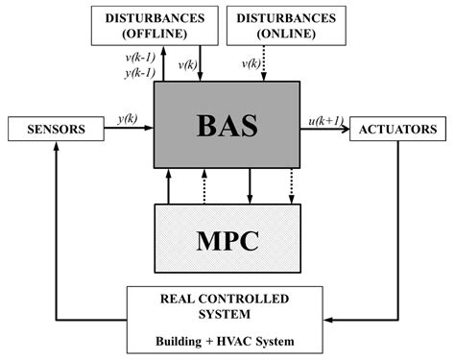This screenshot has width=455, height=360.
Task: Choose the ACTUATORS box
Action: click(x=397, y=128)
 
